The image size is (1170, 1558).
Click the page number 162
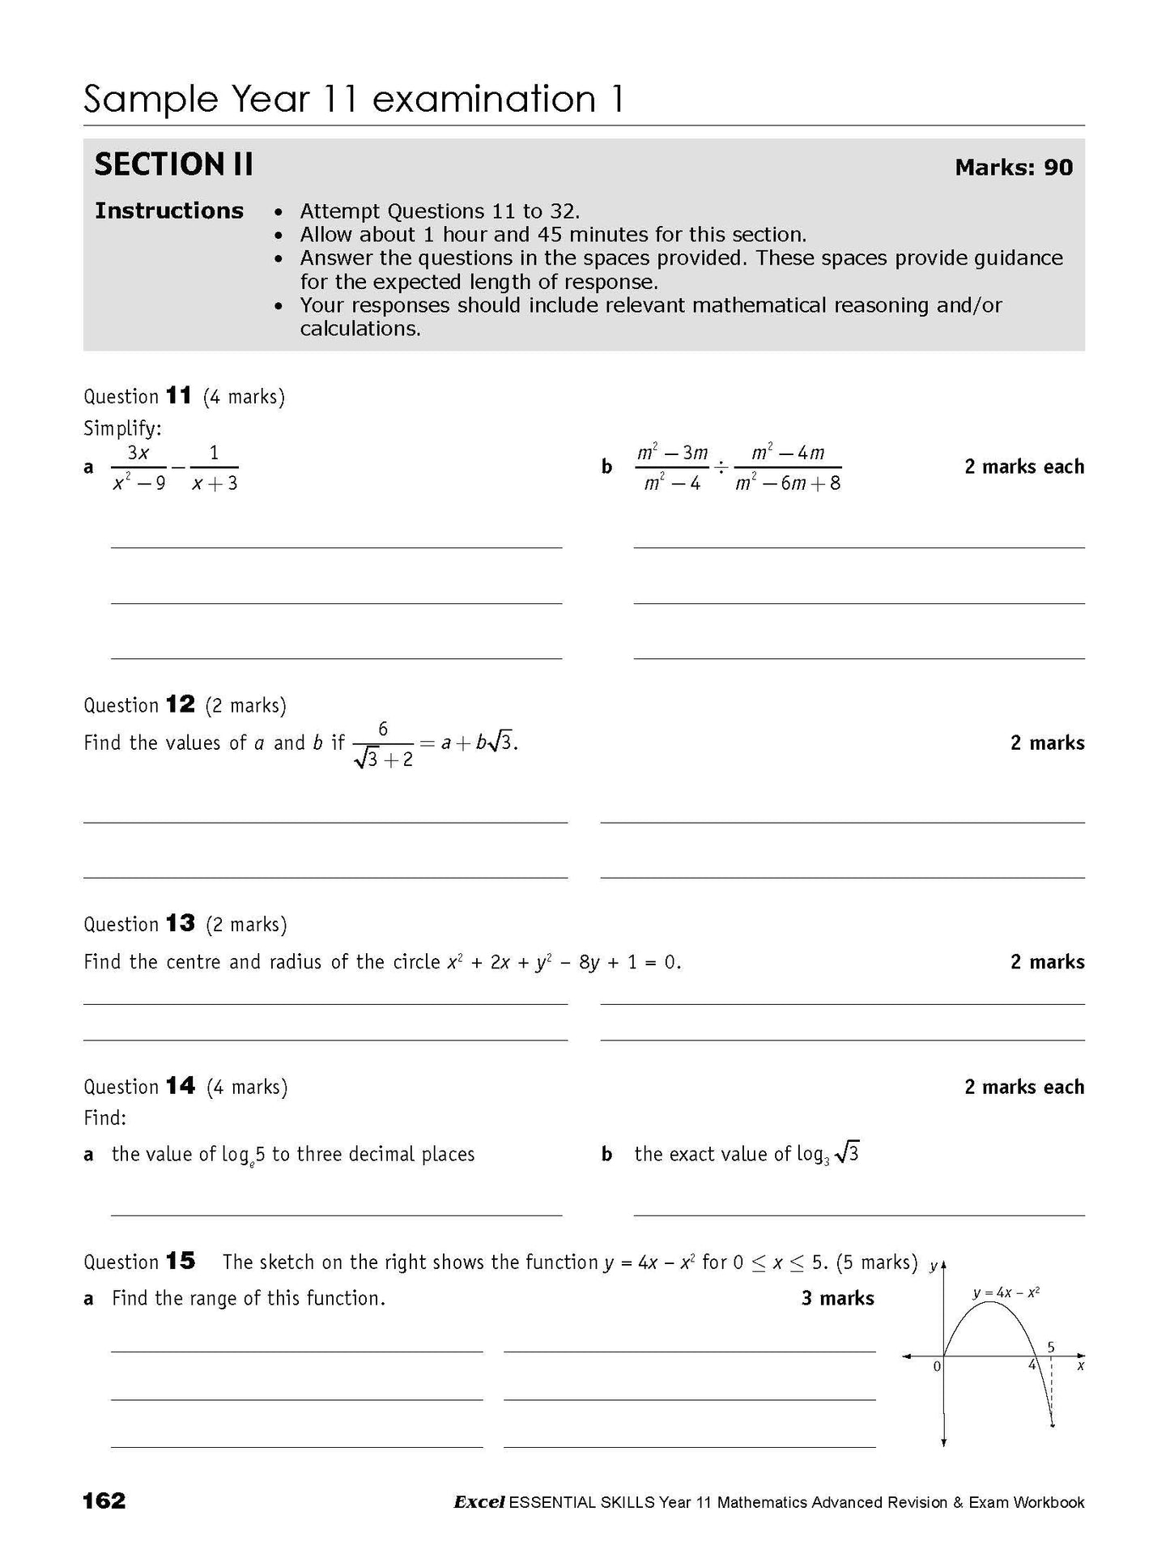click(x=104, y=1501)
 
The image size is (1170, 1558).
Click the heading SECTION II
click(x=173, y=164)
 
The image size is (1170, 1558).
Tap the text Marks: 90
click(x=1014, y=168)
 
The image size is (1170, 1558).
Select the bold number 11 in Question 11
click(x=178, y=396)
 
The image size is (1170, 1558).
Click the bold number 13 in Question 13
click(x=180, y=923)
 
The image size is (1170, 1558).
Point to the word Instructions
click(x=168, y=211)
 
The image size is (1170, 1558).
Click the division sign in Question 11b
click(x=721, y=467)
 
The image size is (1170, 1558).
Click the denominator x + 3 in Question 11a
click(x=215, y=483)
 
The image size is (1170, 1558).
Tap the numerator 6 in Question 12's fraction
click(x=383, y=729)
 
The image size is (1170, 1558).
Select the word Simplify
click(x=122, y=428)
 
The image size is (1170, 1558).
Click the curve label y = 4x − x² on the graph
click(x=1006, y=1293)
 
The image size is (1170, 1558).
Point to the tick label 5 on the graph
click(x=1051, y=1347)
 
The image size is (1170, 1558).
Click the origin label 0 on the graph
click(x=937, y=1366)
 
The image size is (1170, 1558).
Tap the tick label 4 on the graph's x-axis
click(x=1032, y=1364)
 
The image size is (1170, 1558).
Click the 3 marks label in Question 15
click(x=837, y=1298)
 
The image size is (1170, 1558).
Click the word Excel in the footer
click(x=479, y=1502)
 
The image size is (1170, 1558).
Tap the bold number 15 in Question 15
click(x=180, y=1261)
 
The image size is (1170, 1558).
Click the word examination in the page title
click(x=483, y=99)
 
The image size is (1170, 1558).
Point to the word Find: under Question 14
click(x=105, y=1117)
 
